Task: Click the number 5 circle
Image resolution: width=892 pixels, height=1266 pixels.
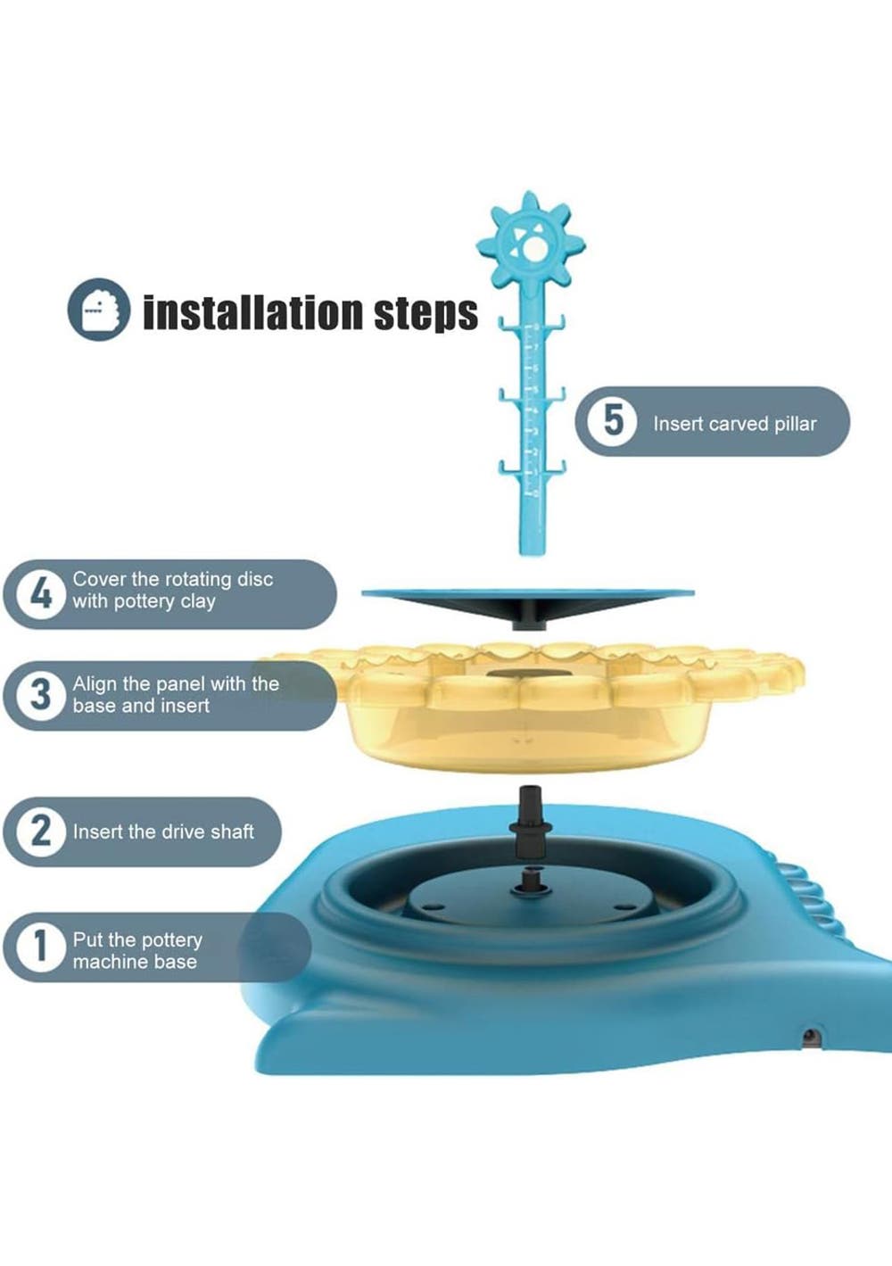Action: (613, 421)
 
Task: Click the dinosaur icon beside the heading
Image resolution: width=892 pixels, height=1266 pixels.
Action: (99, 310)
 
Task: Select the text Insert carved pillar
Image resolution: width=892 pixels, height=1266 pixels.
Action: (735, 423)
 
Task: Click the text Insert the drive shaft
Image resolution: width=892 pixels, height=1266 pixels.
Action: (163, 832)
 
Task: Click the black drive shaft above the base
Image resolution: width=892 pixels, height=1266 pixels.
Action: (531, 824)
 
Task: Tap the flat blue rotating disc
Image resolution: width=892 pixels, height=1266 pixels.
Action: (528, 593)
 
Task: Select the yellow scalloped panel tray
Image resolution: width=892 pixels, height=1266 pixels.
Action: (531, 707)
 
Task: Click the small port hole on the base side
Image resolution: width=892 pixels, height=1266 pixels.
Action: (810, 1036)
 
